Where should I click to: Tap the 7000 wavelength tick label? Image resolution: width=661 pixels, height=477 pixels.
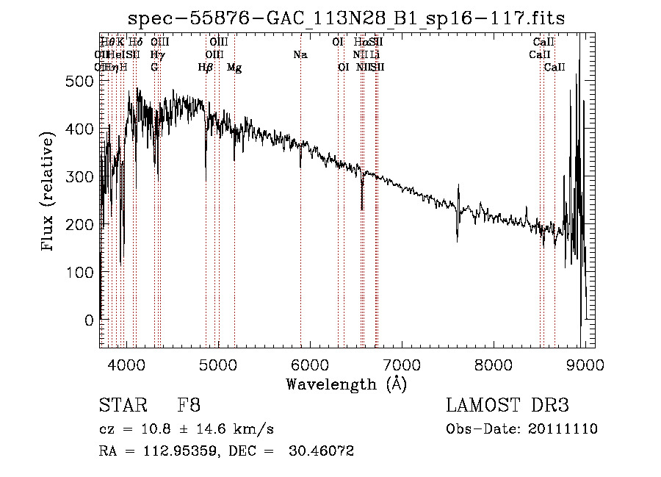402,364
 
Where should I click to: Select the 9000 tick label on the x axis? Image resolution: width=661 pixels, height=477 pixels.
585,364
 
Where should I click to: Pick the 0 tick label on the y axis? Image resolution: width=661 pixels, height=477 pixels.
90,320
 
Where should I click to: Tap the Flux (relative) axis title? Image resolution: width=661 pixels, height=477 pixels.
49,193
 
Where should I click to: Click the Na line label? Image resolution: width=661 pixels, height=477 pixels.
300,54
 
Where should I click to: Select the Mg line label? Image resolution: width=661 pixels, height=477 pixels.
234,68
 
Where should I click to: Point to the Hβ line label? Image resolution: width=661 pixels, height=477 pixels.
206,68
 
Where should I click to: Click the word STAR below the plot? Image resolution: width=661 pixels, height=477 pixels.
120,406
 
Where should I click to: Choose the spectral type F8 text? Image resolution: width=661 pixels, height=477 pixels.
189,406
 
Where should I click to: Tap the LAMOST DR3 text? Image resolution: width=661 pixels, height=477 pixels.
507,406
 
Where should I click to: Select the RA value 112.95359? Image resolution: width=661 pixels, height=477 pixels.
170,451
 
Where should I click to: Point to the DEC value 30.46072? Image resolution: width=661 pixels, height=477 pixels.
322,451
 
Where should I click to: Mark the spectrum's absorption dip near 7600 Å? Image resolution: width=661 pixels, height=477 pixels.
458,234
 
